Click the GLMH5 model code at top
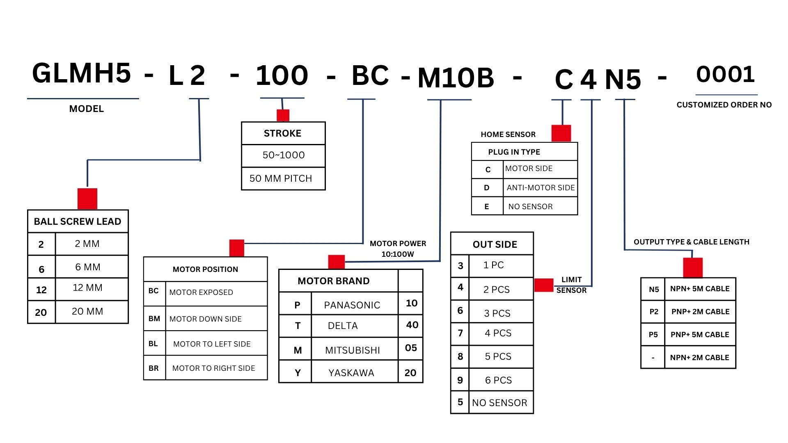tap(82, 74)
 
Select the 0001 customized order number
tap(725, 75)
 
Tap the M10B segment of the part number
tap(456, 78)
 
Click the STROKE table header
tap(283, 133)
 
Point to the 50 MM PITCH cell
tap(281, 178)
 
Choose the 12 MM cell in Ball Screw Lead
tap(87, 288)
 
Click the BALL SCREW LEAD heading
tap(78, 221)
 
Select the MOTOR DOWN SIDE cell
tap(206, 319)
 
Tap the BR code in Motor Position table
tap(153, 368)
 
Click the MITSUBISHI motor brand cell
tap(353, 350)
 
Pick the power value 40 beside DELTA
tap(412, 325)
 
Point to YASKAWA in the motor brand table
tap(351, 373)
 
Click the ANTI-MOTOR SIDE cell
tap(541, 188)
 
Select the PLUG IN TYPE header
tap(514, 152)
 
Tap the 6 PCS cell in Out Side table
tap(498, 380)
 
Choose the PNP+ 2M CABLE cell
tap(700, 312)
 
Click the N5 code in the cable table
tap(654, 290)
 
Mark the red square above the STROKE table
tap(283, 115)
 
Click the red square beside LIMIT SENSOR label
tap(544, 285)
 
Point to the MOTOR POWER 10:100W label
tap(398, 249)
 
